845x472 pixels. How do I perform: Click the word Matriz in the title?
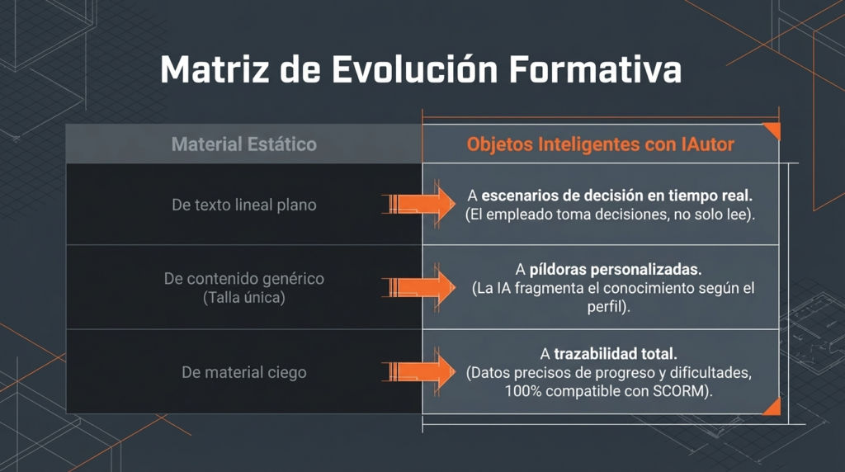[214, 69]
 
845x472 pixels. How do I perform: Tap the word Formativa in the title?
[595, 69]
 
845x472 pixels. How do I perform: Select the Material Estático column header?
[244, 144]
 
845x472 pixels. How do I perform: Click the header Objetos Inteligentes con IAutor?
[601, 144]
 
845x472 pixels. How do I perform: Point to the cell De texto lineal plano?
[244, 205]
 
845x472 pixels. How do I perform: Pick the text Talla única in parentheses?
[244, 297]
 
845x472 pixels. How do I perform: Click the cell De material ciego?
[244, 372]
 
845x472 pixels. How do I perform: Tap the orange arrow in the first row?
[418, 204]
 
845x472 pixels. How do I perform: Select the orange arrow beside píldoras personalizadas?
[418, 287]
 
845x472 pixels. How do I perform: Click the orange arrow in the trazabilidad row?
[418, 371]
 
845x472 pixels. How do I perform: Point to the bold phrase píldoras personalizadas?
[616, 269]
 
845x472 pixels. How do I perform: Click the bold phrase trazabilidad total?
[616, 354]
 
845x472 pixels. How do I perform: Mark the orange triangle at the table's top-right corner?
[772, 130]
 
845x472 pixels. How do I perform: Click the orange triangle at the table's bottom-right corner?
[772, 407]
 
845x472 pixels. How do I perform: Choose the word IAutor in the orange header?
[707, 144]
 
